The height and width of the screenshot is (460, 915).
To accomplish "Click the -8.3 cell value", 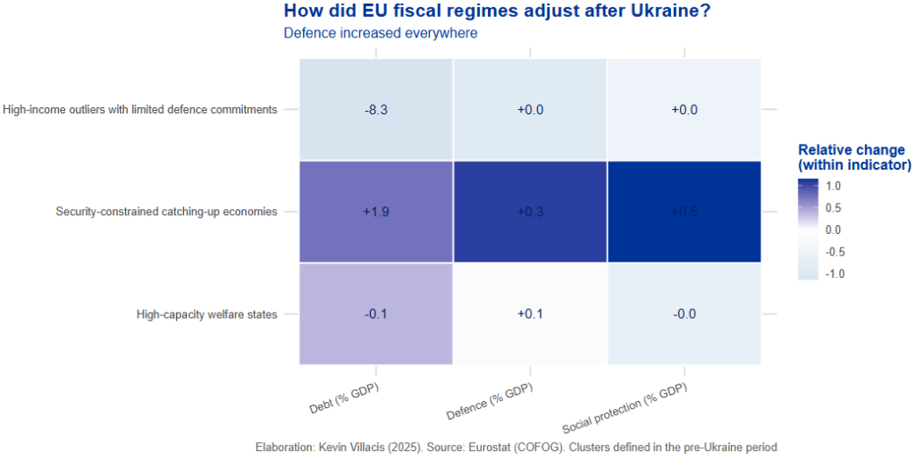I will [x=376, y=110].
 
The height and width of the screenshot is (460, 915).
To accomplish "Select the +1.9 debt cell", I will [x=376, y=212].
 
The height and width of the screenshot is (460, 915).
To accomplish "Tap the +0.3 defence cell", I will [x=530, y=212].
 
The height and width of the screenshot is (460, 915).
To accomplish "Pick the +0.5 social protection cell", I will [x=684, y=212].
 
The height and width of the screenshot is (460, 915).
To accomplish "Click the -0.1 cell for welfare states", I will [x=376, y=314].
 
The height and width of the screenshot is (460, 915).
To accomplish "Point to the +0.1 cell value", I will [x=530, y=314].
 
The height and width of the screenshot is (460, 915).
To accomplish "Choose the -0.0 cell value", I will [x=684, y=314].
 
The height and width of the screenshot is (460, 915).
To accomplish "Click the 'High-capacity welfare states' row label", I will [x=206, y=314].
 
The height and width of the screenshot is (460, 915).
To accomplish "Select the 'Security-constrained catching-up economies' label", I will [x=166, y=212].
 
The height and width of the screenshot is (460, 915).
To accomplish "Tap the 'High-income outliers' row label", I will [x=140, y=110].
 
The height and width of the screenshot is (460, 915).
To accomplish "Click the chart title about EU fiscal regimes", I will [x=491, y=12].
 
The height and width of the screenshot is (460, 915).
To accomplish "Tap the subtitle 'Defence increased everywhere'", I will [x=381, y=33].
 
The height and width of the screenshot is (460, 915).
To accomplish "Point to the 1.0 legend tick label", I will [x=834, y=187].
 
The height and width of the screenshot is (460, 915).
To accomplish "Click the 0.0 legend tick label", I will [x=834, y=230].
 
